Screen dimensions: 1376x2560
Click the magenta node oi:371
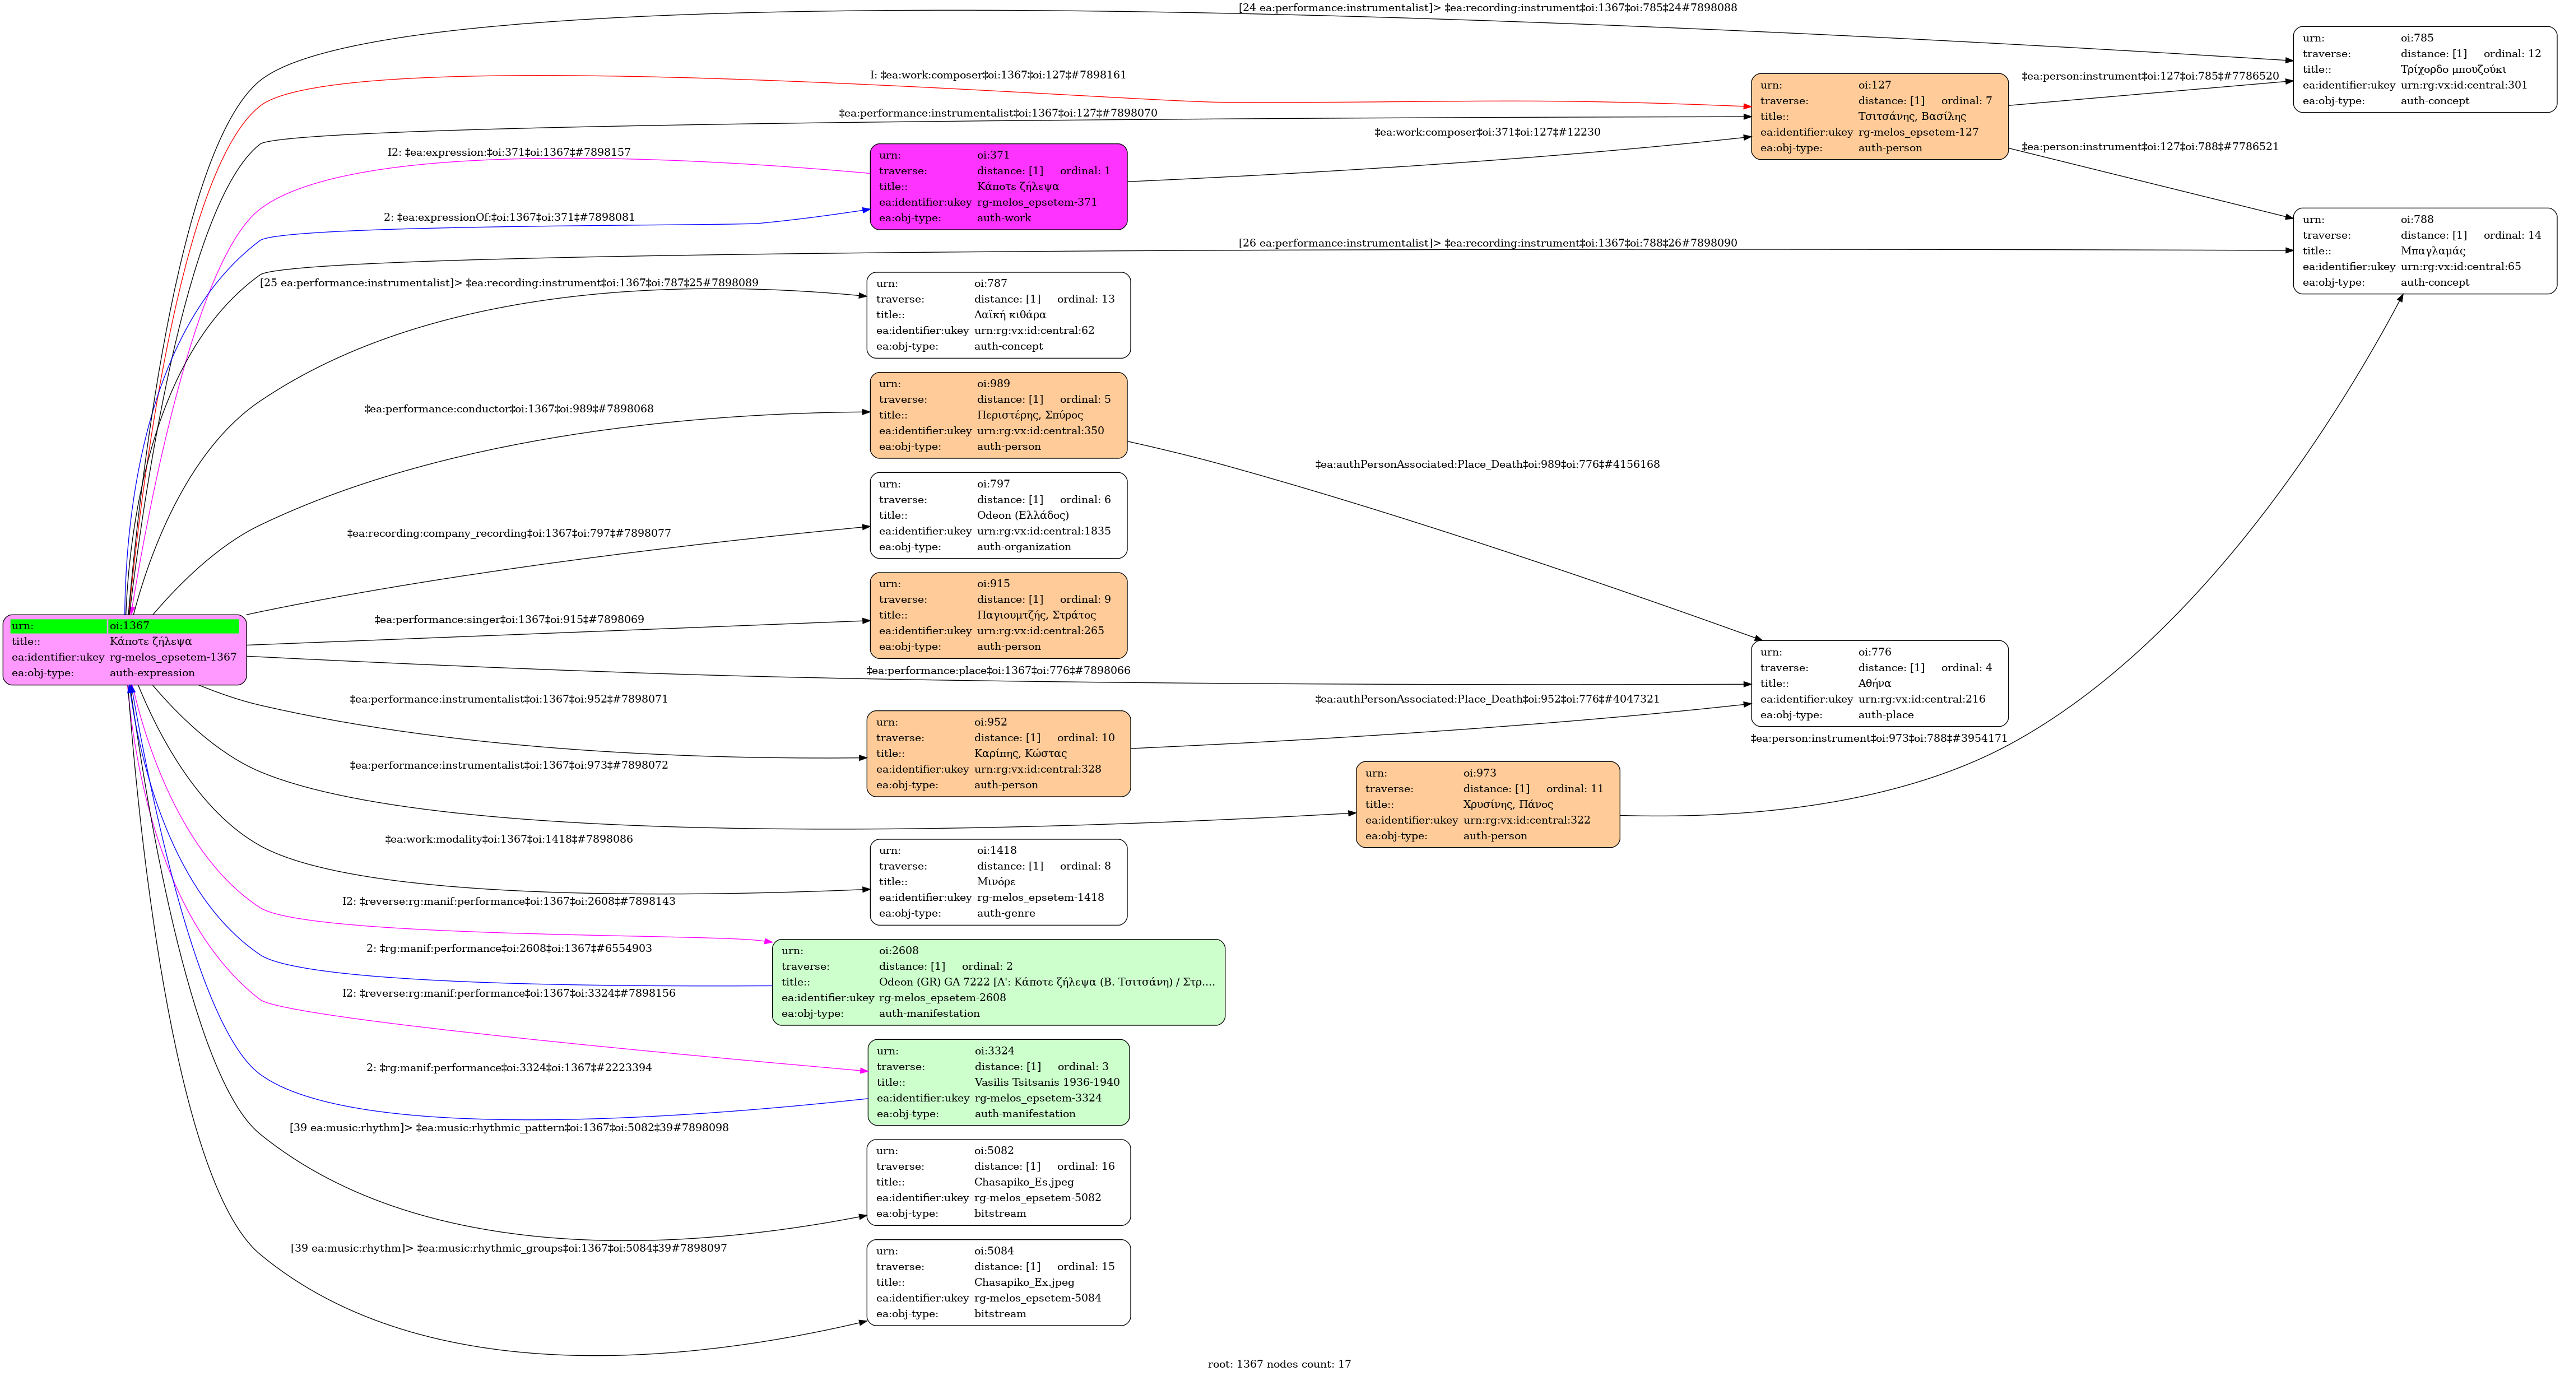(998, 187)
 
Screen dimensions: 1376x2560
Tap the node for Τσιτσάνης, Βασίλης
(1878, 116)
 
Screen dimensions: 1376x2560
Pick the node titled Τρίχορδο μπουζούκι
(2424, 69)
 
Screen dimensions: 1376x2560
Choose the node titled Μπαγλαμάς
(2424, 252)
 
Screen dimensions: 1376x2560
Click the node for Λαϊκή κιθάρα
(998, 315)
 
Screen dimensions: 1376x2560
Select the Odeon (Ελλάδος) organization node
(998, 515)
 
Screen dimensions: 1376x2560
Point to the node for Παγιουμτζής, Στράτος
(998, 615)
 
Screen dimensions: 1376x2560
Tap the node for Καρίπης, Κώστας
(998, 753)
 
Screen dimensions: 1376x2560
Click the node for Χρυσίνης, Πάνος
(1486, 805)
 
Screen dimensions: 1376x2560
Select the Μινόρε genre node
(998, 882)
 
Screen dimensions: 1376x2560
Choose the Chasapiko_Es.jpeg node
(998, 1182)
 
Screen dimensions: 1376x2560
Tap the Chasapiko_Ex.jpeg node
(998, 1282)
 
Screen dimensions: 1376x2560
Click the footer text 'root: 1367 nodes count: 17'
(1279, 1364)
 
